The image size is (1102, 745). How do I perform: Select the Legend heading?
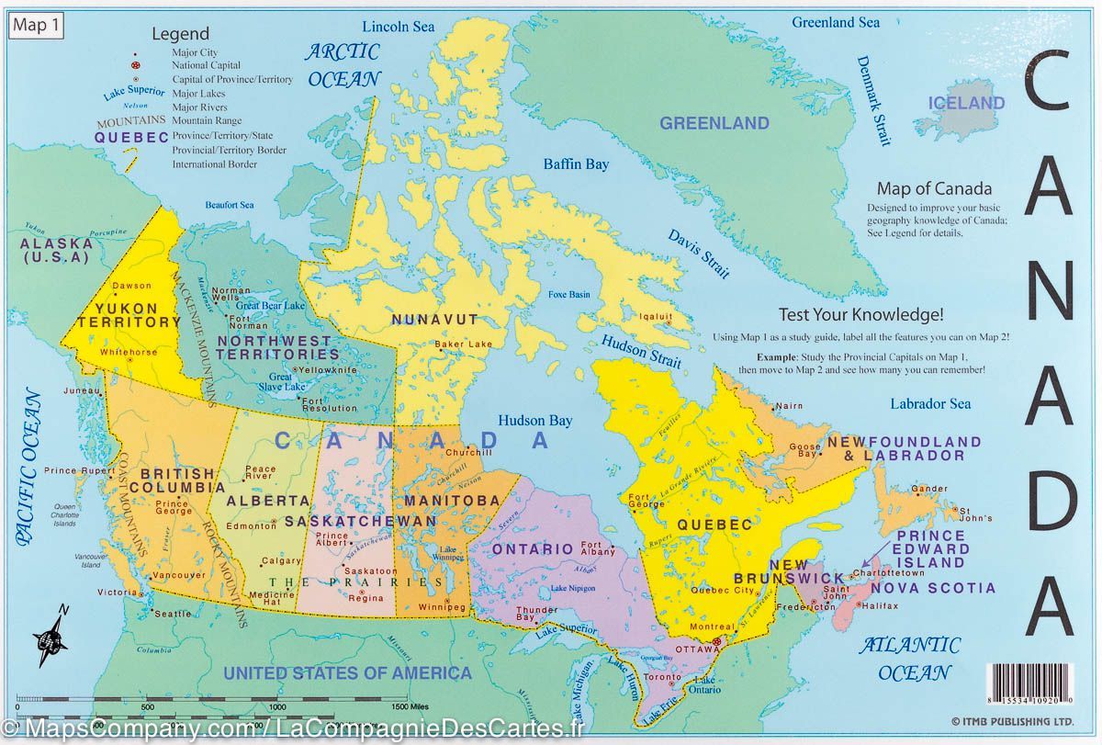point(180,34)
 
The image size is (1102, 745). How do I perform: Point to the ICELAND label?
point(966,103)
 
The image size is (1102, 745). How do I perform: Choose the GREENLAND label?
point(714,123)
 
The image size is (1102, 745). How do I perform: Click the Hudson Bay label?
point(534,421)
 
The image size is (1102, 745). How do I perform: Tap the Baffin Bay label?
point(576,164)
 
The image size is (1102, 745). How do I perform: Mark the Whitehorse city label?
point(129,352)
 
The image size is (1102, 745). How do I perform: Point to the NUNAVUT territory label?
point(434,320)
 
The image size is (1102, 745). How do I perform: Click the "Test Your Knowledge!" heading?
point(861,313)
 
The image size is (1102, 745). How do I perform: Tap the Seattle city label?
point(173,613)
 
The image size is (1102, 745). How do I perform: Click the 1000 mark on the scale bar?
point(276,706)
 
